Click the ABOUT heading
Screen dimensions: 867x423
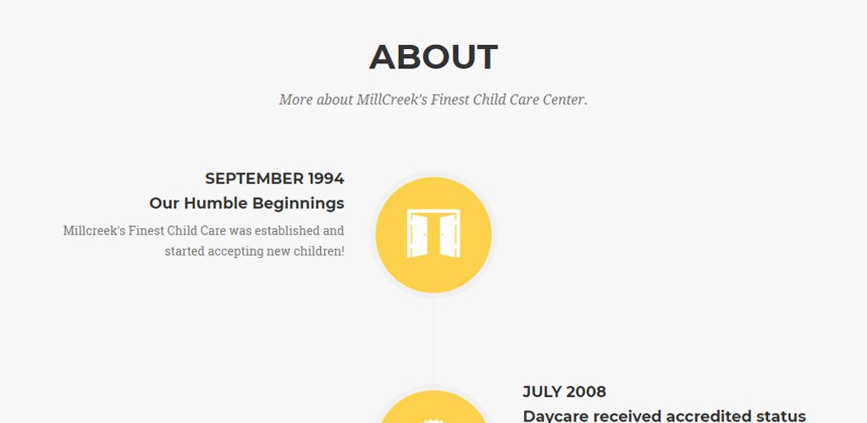433,57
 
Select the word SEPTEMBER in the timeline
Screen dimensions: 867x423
254,179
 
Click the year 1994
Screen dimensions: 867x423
326,179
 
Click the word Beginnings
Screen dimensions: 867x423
298,204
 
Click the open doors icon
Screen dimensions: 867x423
433,233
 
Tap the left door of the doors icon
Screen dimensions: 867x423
418,235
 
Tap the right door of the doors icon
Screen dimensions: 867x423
449,235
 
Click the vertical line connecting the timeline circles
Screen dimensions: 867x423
433,341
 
